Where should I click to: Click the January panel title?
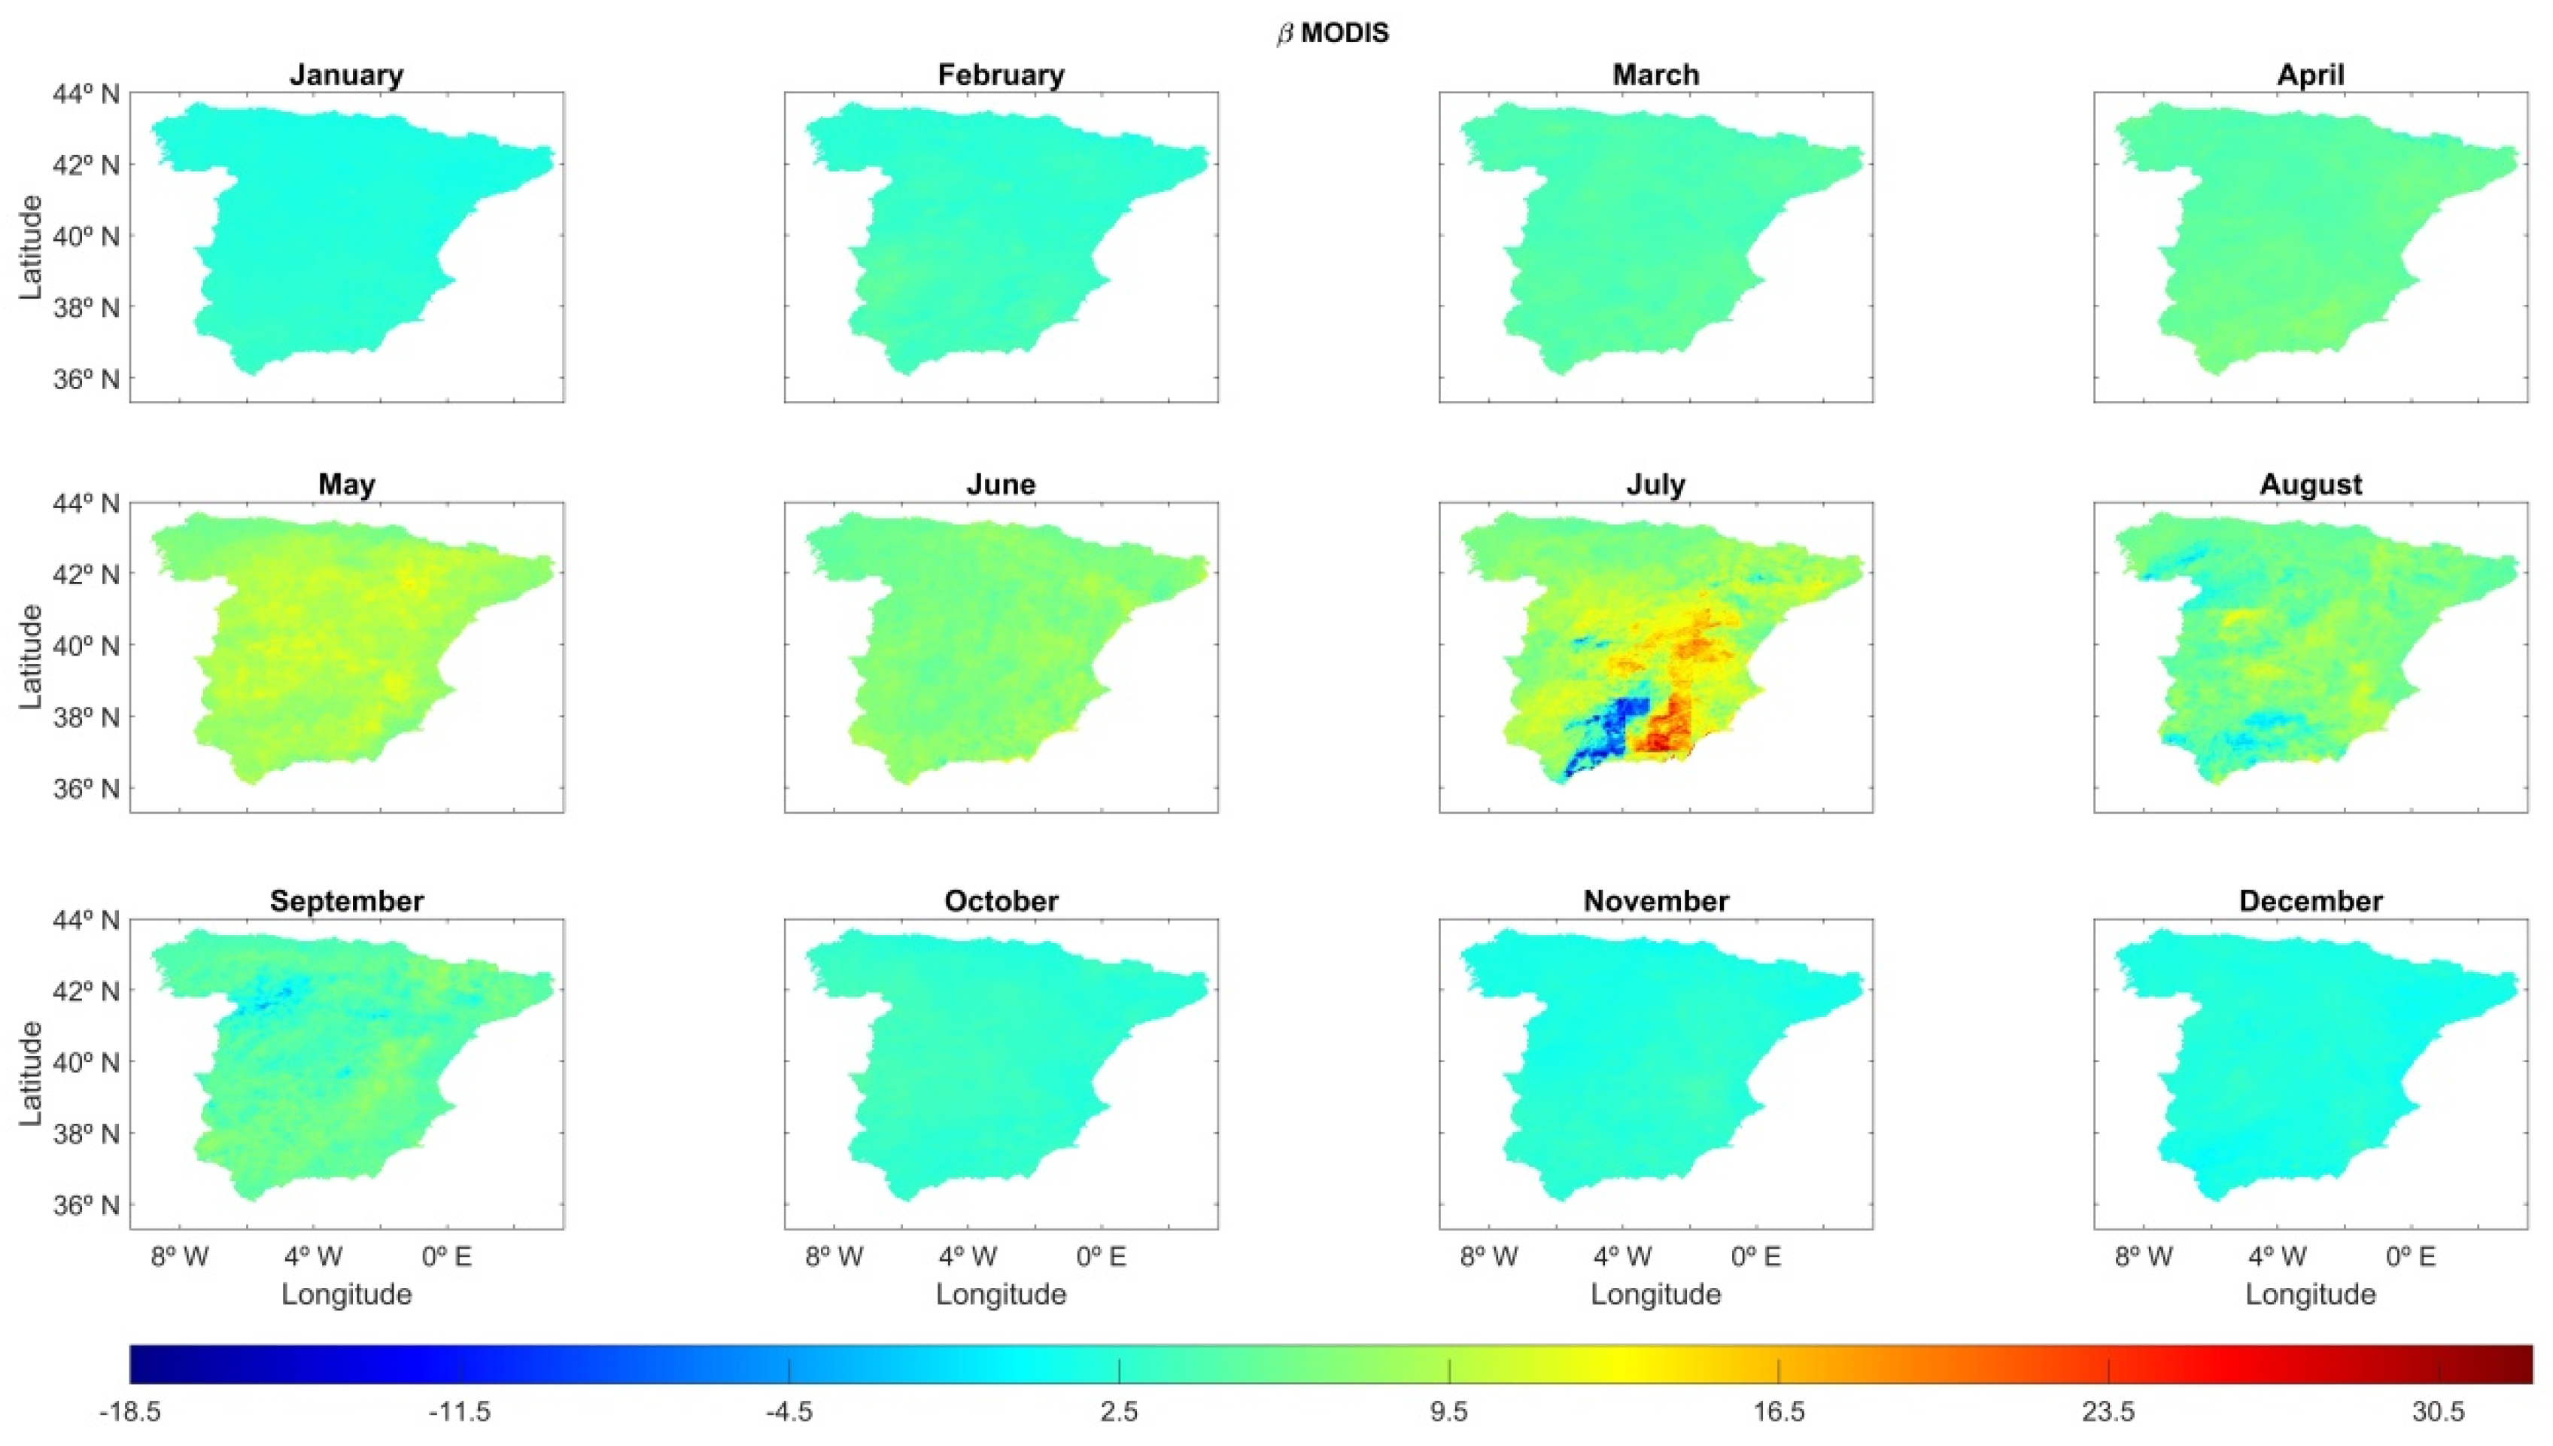click(x=346, y=75)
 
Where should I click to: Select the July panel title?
click(x=1655, y=485)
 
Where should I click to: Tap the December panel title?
click(x=2310, y=901)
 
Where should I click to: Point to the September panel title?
click(x=346, y=901)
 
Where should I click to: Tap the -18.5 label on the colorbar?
click(x=130, y=1412)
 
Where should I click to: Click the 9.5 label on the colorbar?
click(x=1448, y=1412)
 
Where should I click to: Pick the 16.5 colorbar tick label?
click(x=1778, y=1412)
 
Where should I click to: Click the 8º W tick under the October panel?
click(x=834, y=1257)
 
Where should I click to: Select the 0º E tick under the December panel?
click(x=2411, y=1257)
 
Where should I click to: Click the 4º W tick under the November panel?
click(x=1622, y=1257)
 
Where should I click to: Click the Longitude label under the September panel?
click(x=346, y=1294)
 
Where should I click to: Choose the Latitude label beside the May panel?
click(x=32, y=656)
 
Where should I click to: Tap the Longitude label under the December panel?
click(x=2310, y=1294)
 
